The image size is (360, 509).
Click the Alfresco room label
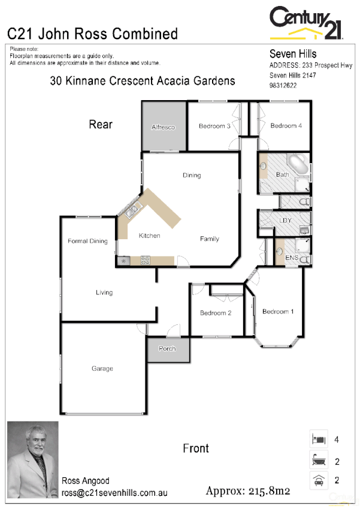click(x=163, y=128)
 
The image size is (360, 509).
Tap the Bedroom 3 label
click(x=214, y=126)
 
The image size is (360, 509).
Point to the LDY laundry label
click(x=286, y=221)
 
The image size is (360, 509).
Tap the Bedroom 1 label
click(x=278, y=311)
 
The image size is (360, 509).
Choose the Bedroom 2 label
click(x=216, y=313)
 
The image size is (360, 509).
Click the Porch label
click(x=167, y=348)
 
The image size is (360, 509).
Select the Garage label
click(x=102, y=369)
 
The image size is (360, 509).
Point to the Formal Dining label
click(x=87, y=241)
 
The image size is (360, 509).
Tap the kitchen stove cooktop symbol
click(x=145, y=260)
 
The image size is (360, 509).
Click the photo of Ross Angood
click(x=33, y=459)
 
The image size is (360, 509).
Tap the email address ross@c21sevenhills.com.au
click(x=114, y=493)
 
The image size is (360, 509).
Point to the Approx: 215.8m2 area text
click(x=248, y=491)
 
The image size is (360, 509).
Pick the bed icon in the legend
click(x=318, y=439)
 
